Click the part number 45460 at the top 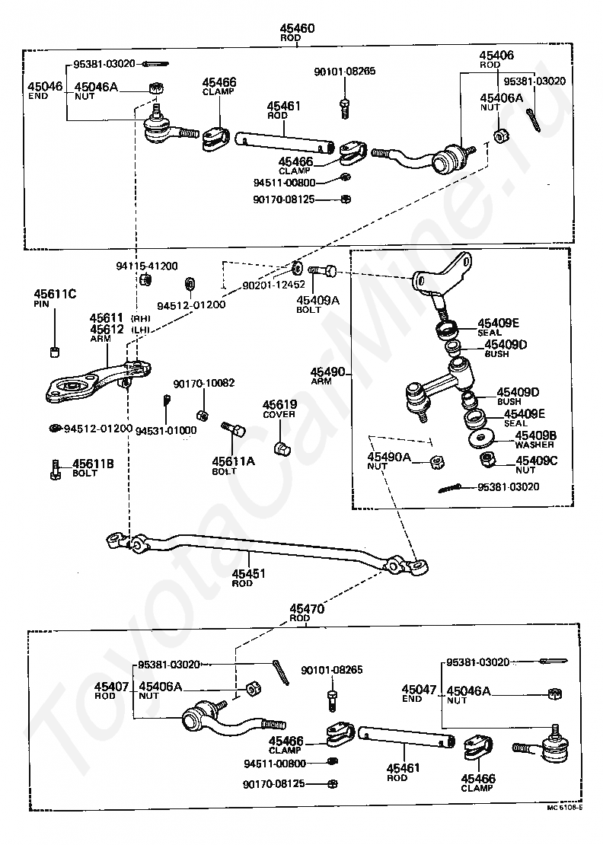(x=297, y=28)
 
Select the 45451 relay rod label (x=248, y=578)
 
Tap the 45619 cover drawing (x=281, y=448)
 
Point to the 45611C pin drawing (x=54, y=352)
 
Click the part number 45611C (x=55, y=294)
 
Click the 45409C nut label (x=536, y=465)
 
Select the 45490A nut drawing (x=437, y=462)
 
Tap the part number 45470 (x=307, y=609)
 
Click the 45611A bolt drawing (x=233, y=429)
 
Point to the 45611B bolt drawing (x=55, y=469)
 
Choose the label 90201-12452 (x=274, y=285)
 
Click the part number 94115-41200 (x=147, y=266)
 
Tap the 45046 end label (x=45, y=90)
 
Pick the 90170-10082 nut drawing (x=203, y=416)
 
